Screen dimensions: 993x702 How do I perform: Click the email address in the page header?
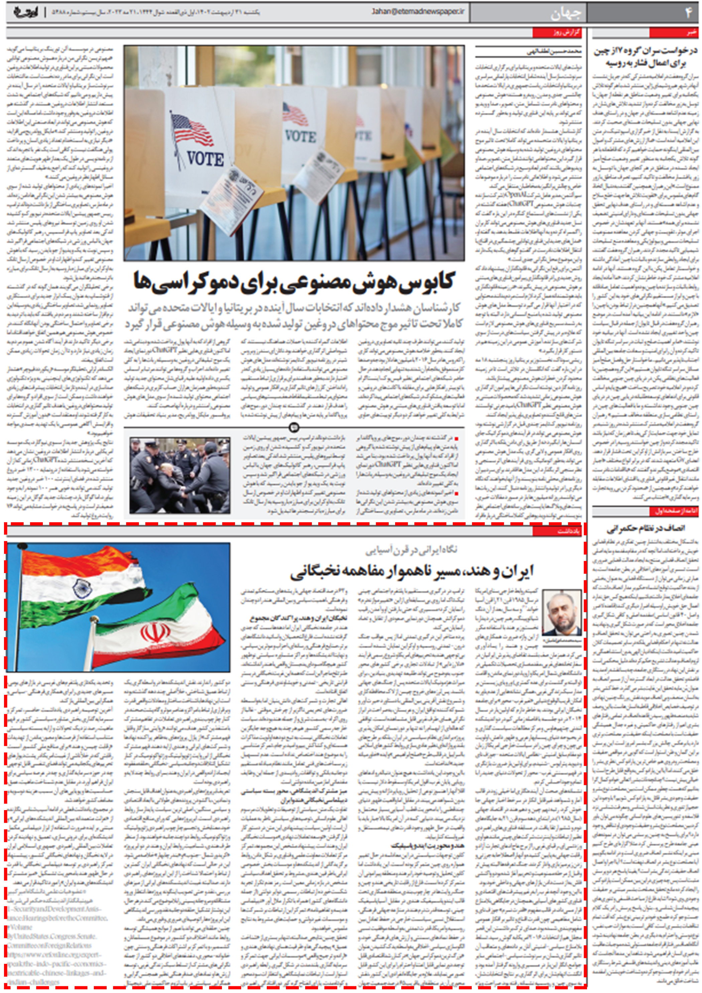418,12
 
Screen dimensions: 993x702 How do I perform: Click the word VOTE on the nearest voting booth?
206,159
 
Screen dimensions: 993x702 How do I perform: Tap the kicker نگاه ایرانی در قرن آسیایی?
411,550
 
